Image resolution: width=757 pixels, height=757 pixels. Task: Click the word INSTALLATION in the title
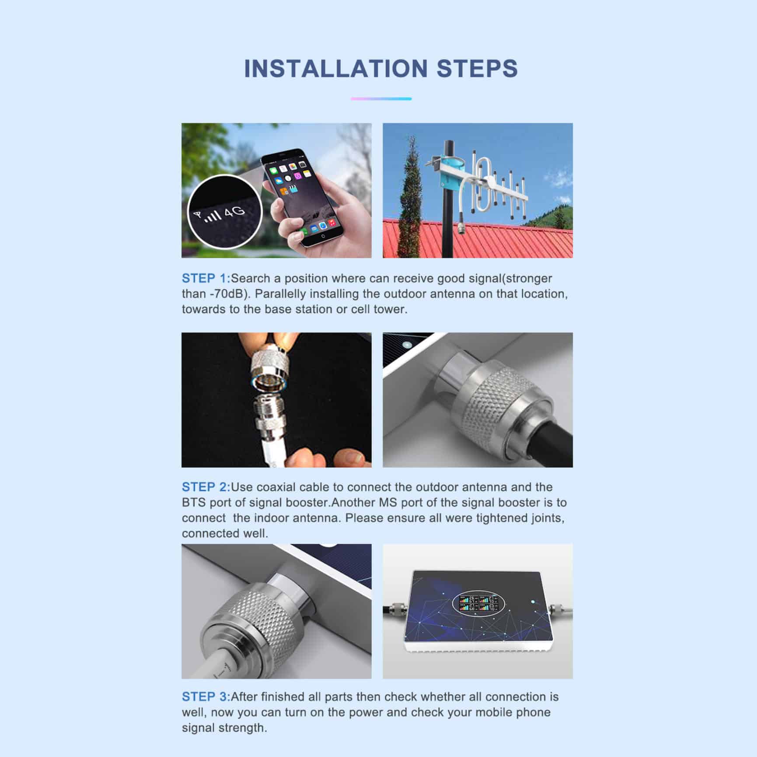click(x=336, y=69)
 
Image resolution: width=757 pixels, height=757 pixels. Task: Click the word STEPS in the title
click(x=478, y=69)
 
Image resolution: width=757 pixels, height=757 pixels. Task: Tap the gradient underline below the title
click(x=381, y=99)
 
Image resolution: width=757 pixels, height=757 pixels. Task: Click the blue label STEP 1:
click(x=206, y=278)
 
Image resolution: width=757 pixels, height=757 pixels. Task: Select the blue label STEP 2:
click(x=206, y=487)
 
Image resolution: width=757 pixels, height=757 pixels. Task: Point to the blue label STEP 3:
click(x=206, y=696)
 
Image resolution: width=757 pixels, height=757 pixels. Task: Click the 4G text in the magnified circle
click(x=235, y=212)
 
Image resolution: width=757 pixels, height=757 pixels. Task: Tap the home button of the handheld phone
click(x=323, y=236)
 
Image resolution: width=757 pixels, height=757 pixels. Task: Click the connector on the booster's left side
click(x=397, y=608)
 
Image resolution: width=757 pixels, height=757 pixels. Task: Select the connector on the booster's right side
click(x=561, y=609)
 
